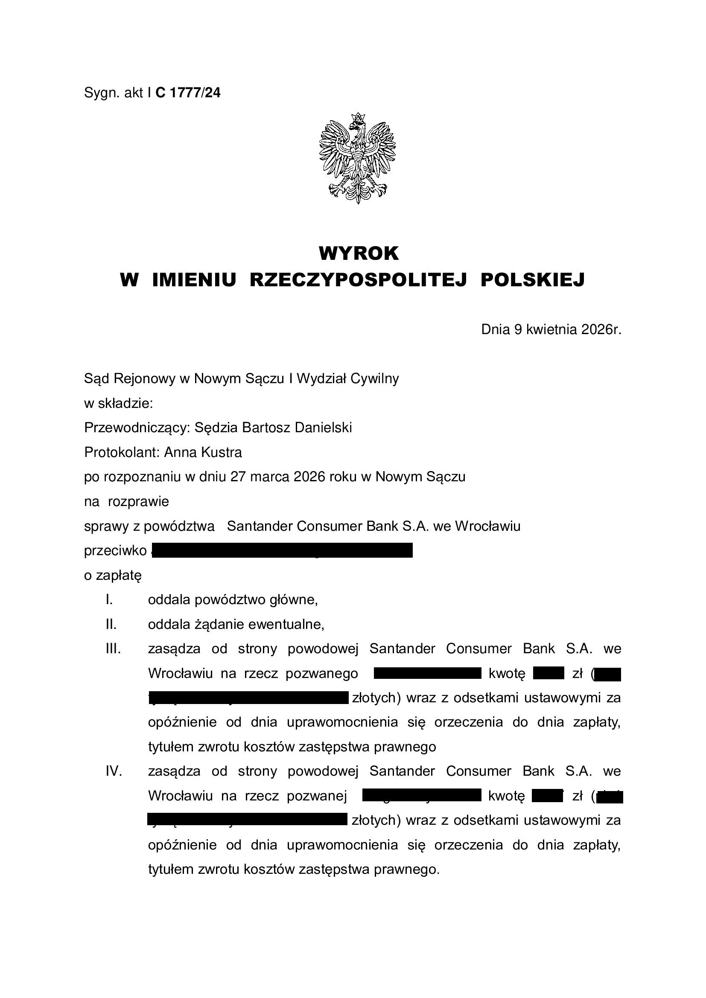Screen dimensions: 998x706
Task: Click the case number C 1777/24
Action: click(188, 93)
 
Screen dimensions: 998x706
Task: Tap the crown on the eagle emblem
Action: click(358, 117)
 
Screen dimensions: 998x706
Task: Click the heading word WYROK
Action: click(359, 253)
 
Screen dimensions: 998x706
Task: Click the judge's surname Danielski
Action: click(324, 428)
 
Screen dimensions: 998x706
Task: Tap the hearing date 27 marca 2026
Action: click(278, 477)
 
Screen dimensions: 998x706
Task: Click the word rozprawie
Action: click(138, 502)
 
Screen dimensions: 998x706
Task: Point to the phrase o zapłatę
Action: click(113, 576)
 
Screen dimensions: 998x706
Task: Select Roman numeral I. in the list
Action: click(109, 600)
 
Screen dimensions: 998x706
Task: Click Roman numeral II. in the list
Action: click(111, 625)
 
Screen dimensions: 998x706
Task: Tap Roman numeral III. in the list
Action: click(113, 649)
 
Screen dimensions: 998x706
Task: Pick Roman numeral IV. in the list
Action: click(114, 772)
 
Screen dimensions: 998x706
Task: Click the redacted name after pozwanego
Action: click(427, 674)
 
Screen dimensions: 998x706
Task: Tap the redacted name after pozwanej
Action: click(422, 796)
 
